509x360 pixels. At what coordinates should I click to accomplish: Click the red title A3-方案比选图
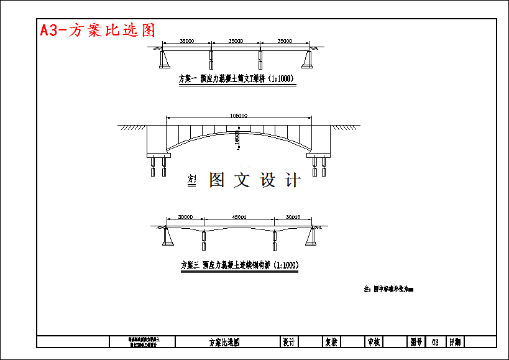[97, 30]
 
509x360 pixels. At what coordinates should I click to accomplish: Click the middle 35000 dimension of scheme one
[236, 41]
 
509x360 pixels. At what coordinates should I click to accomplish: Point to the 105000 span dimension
[239, 116]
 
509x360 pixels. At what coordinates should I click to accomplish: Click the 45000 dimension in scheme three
[239, 218]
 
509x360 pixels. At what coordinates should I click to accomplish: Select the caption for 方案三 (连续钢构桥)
[239, 265]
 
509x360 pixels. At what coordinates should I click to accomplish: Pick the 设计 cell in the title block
[288, 342]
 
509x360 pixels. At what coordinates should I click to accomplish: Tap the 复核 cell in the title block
[331, 342]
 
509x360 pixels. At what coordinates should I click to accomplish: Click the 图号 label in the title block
[416, 342]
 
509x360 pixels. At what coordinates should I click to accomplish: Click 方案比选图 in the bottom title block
[224, 342]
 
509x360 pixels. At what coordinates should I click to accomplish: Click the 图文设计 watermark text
[255, 180]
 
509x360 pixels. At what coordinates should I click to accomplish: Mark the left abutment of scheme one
[165, 59]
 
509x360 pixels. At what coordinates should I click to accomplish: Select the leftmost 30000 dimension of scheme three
[185, 218]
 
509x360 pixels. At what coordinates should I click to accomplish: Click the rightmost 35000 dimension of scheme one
[284, 41]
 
